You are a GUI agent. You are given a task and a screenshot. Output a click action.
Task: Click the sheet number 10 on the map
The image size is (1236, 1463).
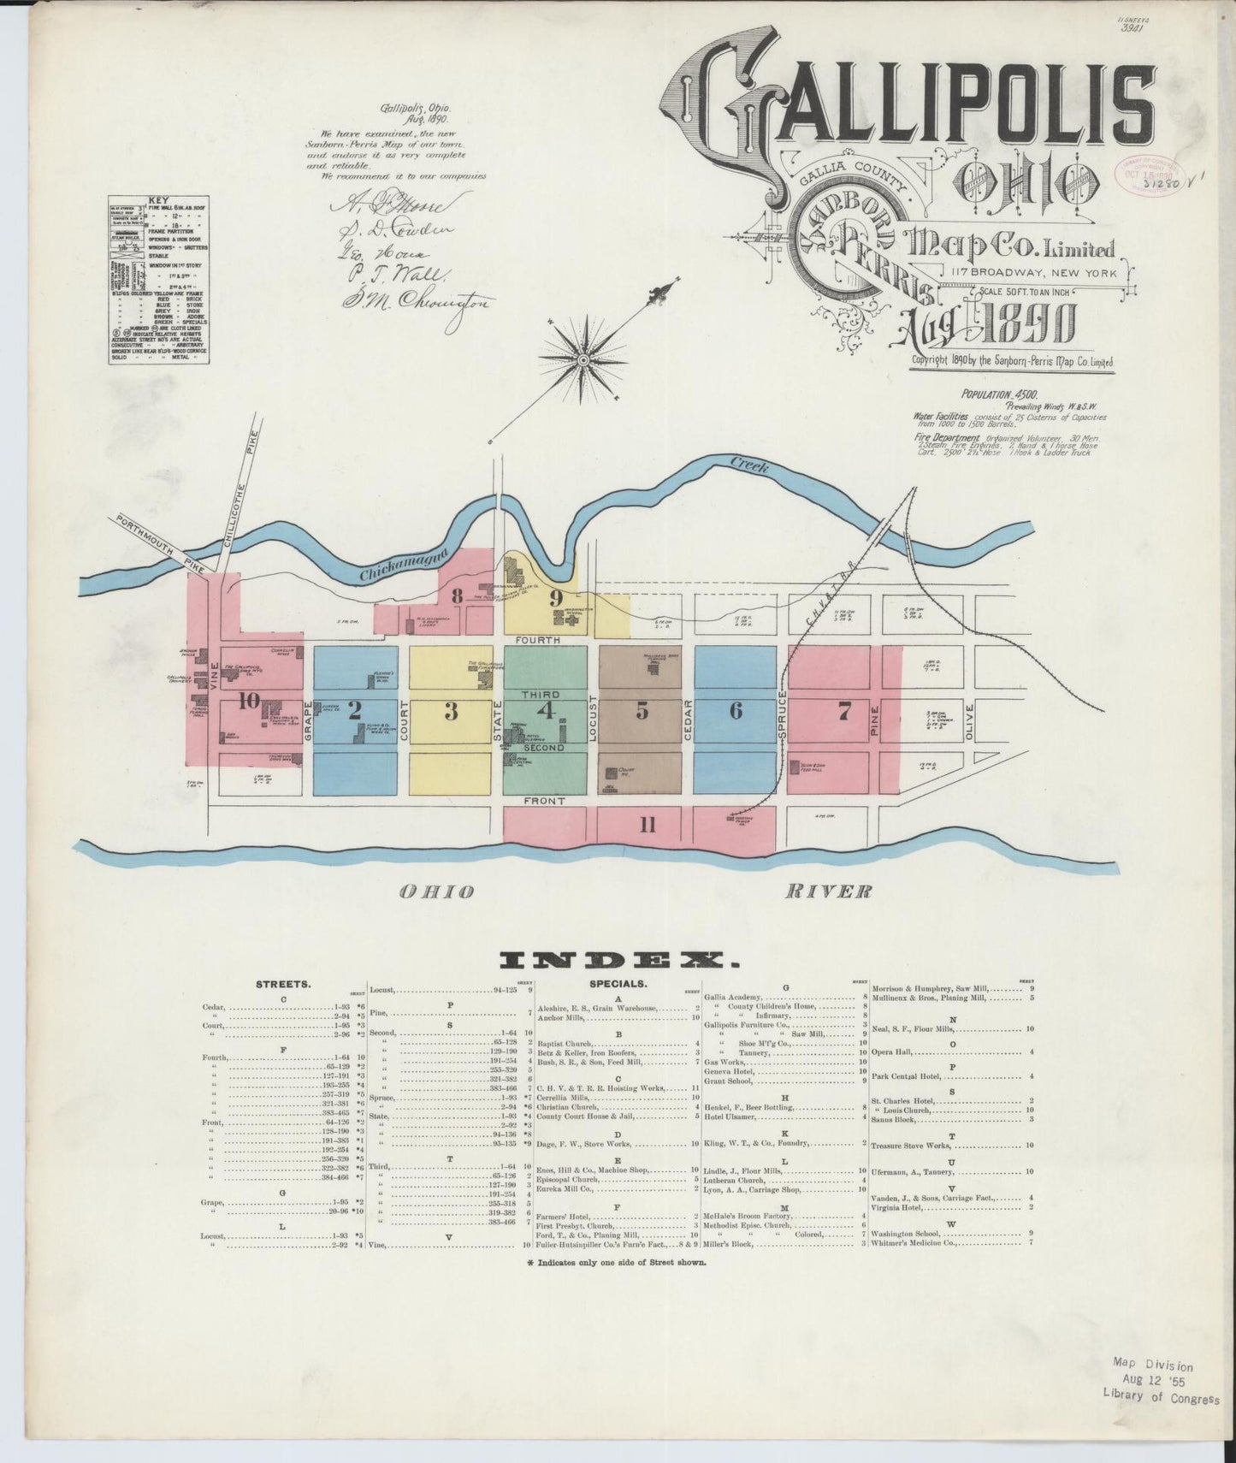click(248, 701)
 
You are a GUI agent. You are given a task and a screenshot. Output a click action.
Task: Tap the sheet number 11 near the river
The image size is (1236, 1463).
click(648, 825)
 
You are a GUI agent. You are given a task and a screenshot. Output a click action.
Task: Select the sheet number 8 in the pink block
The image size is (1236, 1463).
click(458, 596)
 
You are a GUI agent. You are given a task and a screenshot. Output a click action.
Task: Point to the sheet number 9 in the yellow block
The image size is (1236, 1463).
click(555, 597)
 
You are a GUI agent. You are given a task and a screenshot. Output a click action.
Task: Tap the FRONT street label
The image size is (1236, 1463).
click(545, 801)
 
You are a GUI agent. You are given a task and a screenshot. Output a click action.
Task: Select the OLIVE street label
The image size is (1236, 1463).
click(969, 723)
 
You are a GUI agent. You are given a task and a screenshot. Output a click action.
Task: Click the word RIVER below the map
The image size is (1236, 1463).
click(828, 891)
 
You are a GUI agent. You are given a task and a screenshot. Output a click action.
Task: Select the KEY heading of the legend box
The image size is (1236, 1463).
click(158, 202)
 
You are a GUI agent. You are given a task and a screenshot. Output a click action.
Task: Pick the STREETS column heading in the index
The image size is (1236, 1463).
click(277, 985)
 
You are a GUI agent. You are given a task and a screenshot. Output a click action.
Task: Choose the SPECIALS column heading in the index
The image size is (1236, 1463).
click(618, 985)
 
